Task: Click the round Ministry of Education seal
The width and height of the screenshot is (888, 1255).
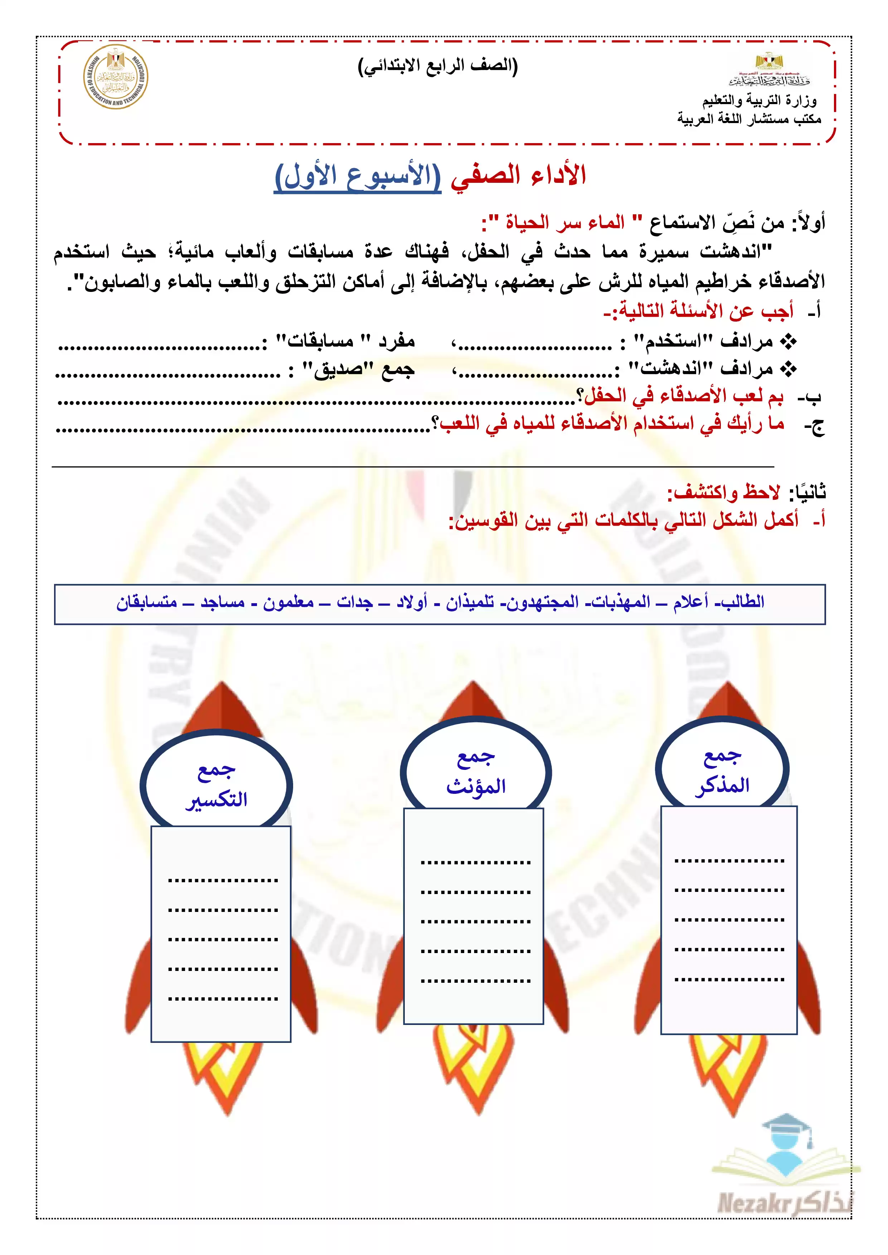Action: pyautogui.click(x=115, y=77)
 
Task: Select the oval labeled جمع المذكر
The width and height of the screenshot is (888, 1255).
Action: pyautogui.click(x=722, y=770)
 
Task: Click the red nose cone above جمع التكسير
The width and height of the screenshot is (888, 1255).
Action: pyautogui.click(x=222, y=708)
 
